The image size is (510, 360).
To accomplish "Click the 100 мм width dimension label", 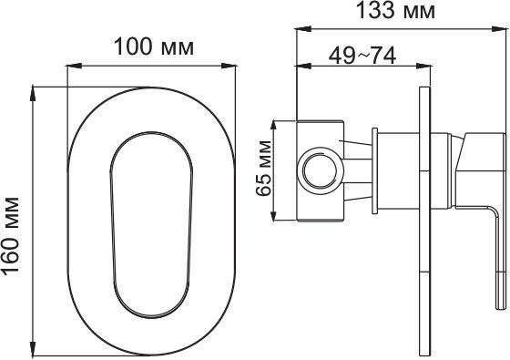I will point(153,47).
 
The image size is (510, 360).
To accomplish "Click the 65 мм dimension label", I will point(264,170).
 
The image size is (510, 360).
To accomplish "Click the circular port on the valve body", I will point(319,170).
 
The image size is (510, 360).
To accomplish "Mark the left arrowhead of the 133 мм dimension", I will point(300,29).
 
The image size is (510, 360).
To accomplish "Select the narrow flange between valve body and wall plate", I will point(374,170).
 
